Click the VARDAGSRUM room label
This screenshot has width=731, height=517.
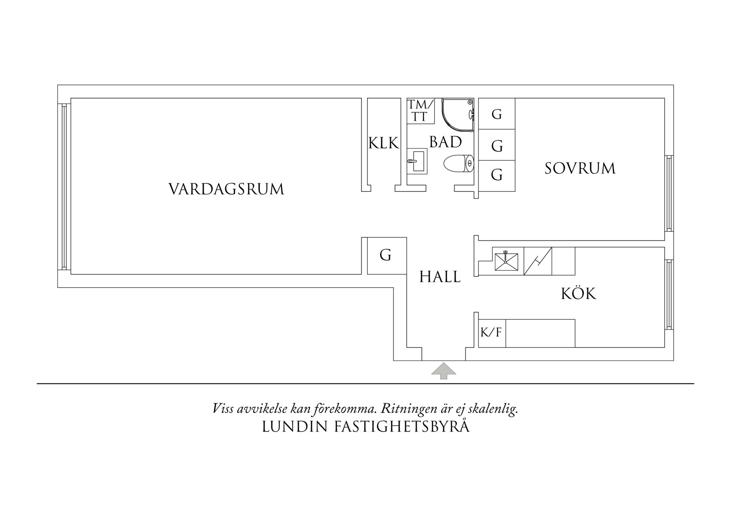(226, 189)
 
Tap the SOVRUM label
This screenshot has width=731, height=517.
(580, 168)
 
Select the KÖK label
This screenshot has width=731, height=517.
(578, 294)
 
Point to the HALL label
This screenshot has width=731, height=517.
(440, 277)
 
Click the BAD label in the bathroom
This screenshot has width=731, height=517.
(446, 142)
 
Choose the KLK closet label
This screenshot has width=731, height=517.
(383, 143)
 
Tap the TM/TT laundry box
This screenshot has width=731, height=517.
(421, 111)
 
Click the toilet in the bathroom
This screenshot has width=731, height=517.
(459, 163)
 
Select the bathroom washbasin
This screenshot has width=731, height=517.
(418, 161)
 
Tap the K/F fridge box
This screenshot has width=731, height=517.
(492, 333)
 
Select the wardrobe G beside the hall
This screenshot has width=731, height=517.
(386, 255)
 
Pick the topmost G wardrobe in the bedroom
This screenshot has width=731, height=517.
(496, 114)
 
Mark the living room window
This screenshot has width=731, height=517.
(64, 186)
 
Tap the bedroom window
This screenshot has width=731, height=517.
(668, 193)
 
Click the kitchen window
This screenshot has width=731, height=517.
(668, 294)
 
